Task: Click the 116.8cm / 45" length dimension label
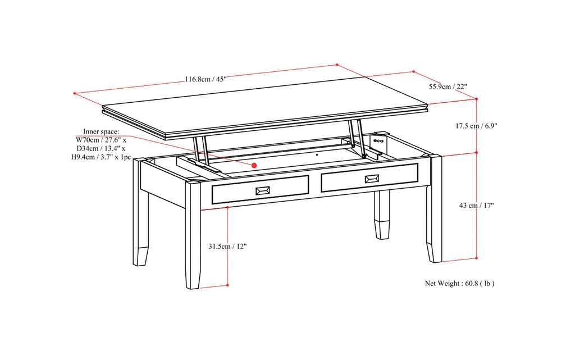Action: click(206, 79)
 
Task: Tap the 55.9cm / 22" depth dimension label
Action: click(448, 86)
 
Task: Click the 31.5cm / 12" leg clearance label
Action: click(227, 246)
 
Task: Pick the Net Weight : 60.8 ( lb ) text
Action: click(459, 284)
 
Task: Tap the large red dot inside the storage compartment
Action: click(254, 165)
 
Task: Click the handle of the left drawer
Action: click(262, 191)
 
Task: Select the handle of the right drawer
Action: click(372, 179)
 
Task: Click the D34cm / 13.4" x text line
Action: click(101, 149)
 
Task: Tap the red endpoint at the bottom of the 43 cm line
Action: click(477, 259)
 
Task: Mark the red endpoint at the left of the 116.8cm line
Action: click(74, 93)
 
